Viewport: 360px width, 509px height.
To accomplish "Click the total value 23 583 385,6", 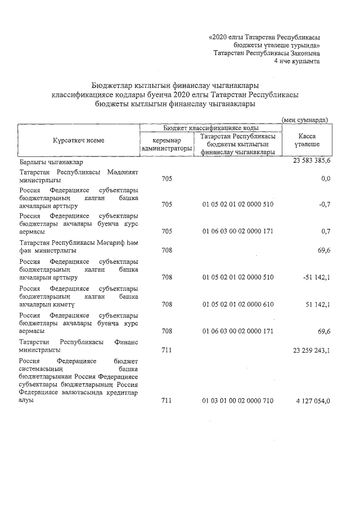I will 312,161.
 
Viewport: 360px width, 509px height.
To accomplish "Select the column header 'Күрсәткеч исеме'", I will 79,140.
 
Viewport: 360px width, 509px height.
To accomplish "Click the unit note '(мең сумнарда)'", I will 305,120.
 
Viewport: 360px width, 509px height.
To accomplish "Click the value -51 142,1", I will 316,277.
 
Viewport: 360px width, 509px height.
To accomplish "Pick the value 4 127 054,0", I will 311,400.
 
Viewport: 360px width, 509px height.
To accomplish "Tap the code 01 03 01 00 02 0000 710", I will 237,400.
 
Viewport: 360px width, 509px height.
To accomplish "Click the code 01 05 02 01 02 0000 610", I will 237,304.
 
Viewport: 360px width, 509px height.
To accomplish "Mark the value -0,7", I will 323,204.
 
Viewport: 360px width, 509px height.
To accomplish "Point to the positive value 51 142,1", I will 317,304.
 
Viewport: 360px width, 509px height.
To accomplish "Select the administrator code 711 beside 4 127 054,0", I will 166,400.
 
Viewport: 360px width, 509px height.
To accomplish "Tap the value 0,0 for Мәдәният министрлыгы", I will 325,179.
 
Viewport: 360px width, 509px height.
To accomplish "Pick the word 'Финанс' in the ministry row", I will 126,341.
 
